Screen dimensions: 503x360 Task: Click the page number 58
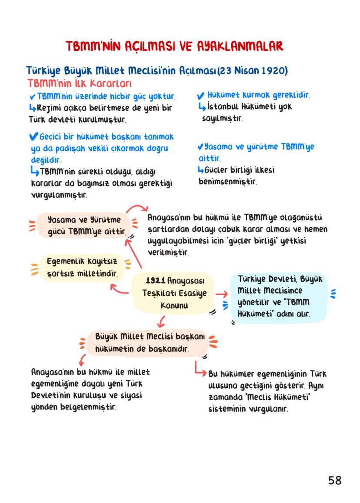point(335,480)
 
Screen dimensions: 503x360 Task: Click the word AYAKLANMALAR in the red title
point(238,46)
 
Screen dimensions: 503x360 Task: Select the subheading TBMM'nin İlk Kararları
point(79,83)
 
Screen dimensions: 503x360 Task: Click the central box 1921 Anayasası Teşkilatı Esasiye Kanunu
point(174,293)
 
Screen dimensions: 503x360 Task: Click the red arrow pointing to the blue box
point(222,294)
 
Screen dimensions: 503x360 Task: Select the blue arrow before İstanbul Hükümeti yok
point(201,107)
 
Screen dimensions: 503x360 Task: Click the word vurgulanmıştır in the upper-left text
point(58,195)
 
